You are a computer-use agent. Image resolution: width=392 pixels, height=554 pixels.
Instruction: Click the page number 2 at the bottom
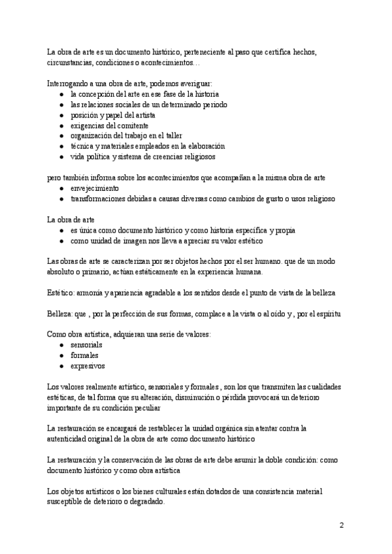click(342, 525)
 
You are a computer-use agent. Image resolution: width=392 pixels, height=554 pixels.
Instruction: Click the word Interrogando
click(68, 83)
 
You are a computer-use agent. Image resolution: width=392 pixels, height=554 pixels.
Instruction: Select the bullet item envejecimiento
click(91, 188)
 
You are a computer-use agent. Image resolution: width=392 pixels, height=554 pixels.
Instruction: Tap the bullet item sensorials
click(85, 344)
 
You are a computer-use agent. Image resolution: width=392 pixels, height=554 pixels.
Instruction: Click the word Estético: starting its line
click(62, 292)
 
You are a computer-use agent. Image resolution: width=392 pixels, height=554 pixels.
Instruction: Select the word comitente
click(133, 125)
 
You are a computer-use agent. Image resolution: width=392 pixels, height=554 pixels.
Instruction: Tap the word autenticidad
click(69, 440)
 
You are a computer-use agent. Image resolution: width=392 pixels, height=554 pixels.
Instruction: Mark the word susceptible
click(67, 503)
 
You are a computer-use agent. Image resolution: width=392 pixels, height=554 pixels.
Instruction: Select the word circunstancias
click(71, 63)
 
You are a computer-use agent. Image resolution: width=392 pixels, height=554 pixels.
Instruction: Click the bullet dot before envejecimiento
click(61, 188)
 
